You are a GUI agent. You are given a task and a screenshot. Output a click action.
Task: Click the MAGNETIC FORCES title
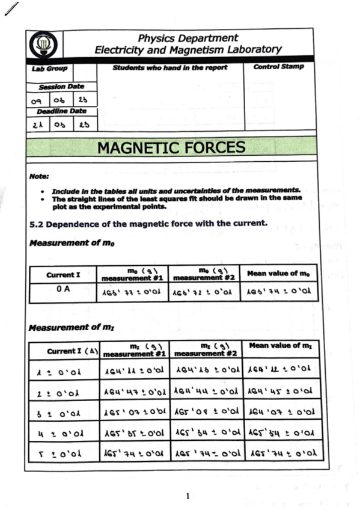coord(171,147)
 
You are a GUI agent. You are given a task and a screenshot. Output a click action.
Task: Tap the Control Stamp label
coord(278,67)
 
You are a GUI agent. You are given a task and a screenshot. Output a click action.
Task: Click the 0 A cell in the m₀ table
coord(63,289)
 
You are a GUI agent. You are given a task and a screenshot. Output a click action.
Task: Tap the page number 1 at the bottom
coord(188,496)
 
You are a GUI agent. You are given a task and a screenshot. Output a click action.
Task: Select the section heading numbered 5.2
coord(148,224)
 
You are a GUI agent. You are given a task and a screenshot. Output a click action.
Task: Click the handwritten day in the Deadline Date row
coord(38,124)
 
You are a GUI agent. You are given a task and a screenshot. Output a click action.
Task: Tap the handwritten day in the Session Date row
coord(38,100)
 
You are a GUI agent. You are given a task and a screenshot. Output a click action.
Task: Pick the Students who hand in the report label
coord(170,67)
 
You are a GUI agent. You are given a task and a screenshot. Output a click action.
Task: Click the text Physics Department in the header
coord(188,38)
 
